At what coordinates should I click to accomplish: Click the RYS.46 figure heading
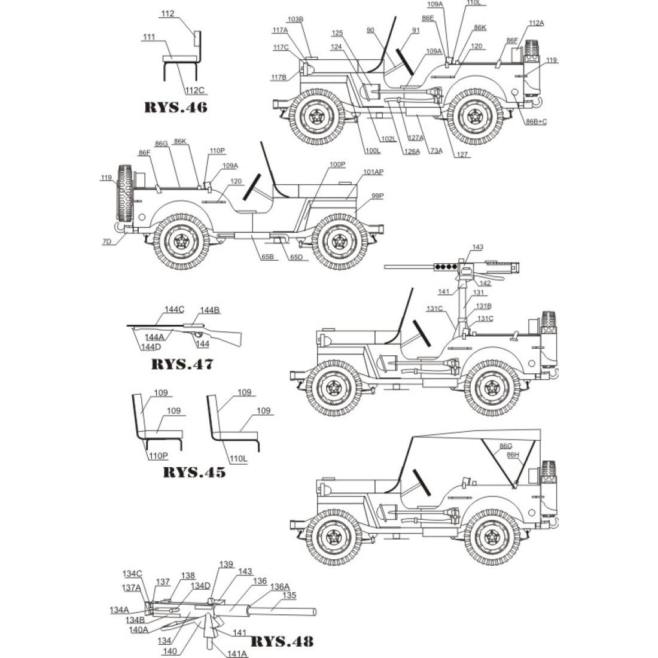click(176, 107)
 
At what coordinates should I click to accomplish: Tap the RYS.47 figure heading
click(182, 364)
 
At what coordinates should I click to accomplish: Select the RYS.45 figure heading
click(194, 472)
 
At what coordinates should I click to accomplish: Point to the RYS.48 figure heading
click(282, 641)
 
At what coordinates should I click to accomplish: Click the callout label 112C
click(195, 90)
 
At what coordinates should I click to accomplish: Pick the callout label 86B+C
click(537, 121)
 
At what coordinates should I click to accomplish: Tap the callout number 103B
click(296, 19)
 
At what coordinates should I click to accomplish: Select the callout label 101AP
click(373, 172)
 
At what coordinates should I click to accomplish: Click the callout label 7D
click(107, 241)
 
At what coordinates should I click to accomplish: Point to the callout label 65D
click(296, 257)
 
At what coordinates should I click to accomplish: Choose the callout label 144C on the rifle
click(174, 310)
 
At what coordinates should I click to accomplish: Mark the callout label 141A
click(237, 653)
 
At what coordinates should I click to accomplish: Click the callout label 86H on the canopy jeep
click(513, 455)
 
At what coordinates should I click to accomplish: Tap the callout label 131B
click(483, 306)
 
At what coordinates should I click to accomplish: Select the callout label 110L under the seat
click(238, 459)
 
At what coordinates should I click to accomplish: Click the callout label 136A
click(279, 587)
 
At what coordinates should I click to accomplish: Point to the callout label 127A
click(416, 138)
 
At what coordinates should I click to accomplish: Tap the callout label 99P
click(377, 196)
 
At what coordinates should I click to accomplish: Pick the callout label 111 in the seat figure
click(149, 37)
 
